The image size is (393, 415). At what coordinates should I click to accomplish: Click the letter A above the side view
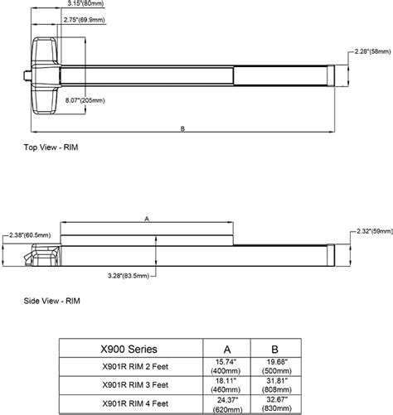click(x=148, y=220)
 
